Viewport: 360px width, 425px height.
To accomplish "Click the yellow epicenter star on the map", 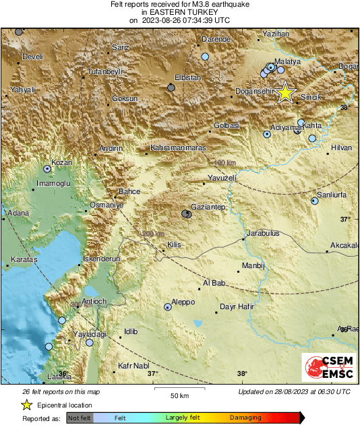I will pos(286,92).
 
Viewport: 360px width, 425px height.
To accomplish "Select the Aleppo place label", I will pos(183,302).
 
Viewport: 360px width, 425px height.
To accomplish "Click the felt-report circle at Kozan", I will pos(48,169).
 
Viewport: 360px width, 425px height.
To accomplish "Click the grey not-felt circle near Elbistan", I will pos(171,87).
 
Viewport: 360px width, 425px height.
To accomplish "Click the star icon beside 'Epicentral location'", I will pos(26,405).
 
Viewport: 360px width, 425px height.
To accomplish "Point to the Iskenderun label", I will pos(100,258).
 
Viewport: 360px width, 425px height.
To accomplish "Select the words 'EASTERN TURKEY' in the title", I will pos(180,12).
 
